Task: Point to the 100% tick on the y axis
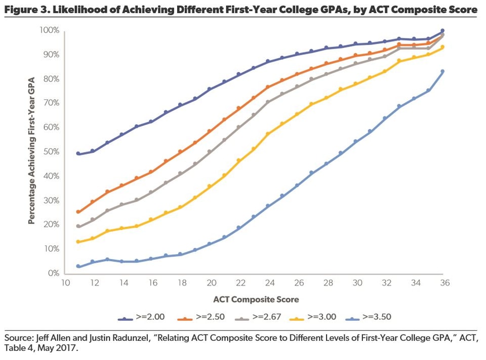[x=50, y=31]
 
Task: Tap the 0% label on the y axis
[x=54, y=273]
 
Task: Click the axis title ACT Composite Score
[x=255, y=299]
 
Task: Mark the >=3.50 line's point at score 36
[x=442, y=71]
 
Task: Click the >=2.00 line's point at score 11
[x=78, y=153]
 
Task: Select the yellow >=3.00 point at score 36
[x=442, y=47]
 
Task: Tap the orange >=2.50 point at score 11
[x=78, y=212]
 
